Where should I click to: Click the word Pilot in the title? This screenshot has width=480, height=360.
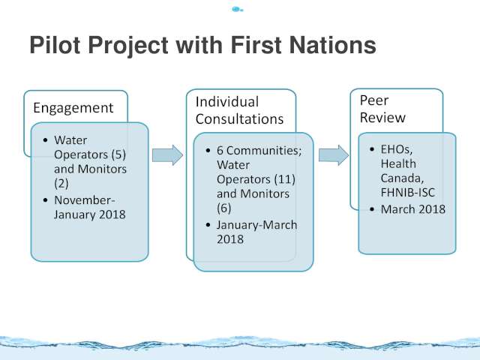pyautogui.click(x=55, y=45)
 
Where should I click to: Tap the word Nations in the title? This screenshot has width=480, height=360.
pyautogui.click(x=332, y=45)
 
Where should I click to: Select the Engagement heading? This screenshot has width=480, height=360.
pyautogui.click(x=73, y=108)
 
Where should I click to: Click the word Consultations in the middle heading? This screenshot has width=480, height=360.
pyautogui.click(x=239, y=118)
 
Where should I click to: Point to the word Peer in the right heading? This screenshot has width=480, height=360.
pyautogui.click(x=374, y=100)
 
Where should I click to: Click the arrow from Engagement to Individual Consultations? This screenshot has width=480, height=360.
pyautogui.click(x=167, y=155)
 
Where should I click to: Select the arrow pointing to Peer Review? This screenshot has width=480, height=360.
pyautogui.click(x=334, y=155)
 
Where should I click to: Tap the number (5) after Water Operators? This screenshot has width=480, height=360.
pyautogui.click(x=118, y=154)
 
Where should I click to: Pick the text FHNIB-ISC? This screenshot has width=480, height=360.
pyautogui.click(x=408, y=193)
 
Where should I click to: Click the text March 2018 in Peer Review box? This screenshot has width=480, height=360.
pyautogui.click(x=413, y=209)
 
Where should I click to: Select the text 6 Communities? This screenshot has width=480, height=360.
pyautogui.click(x=259, y=151)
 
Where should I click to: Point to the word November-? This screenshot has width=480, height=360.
pyautogui.click(x=85, y=200)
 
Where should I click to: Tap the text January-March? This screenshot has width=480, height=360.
pyautogui.click(x=256, y=225)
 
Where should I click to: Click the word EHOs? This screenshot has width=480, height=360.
pyautogui.click(x=397, y=149)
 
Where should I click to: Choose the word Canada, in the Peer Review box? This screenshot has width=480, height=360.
pyautogui.click(x=402, y=178)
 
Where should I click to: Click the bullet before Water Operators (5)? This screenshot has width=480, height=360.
pyautogui.click(x=46, y=140)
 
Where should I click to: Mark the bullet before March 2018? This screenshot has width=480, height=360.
pyautogui.click(x=372, y=209)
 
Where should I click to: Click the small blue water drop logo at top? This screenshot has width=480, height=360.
pyautogui.click(x=237, y=10)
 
